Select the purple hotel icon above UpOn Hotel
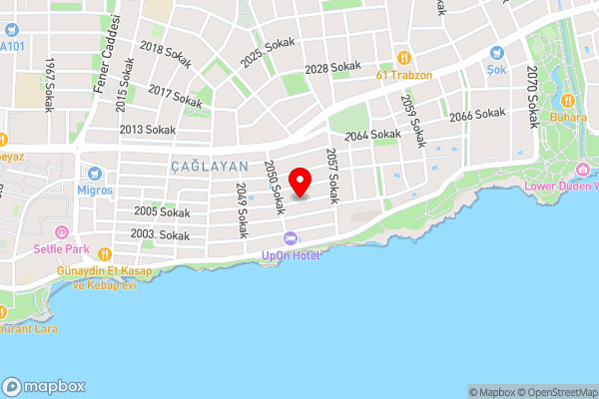tap(291, 238)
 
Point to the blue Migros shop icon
tap(96, 173)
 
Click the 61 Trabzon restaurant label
tap(403, 75)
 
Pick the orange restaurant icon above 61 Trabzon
tap(404, 57)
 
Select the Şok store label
tap(497, 70)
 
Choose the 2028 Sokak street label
tap(332, 68)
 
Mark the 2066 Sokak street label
tap(477, 116)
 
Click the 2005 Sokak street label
tap(161, 212)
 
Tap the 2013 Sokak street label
tap(147, 130)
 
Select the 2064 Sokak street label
tap(371, 134)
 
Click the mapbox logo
tap(44, 386)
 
